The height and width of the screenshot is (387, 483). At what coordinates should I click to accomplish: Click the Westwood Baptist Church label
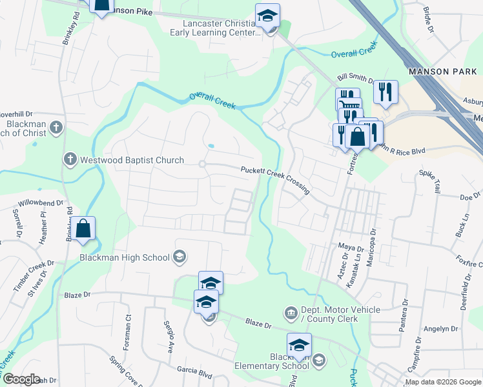tap(132, 160)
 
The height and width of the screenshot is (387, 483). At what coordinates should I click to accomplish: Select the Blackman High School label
tap(125, 257)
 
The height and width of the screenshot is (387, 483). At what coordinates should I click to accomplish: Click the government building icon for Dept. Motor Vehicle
tap(291, 314)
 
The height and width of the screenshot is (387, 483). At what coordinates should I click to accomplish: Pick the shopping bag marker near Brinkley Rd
tap(83, 228)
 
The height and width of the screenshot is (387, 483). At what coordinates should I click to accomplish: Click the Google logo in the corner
tap(21, 379)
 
